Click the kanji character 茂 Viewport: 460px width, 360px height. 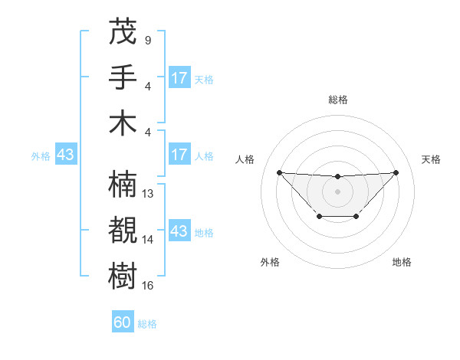[x=123, y=31]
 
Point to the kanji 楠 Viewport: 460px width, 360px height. [x=123, y=185]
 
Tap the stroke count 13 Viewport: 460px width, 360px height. [x=149, y=194]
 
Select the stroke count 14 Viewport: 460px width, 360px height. [x=149, y=240]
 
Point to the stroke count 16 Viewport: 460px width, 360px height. [x=149, y=286]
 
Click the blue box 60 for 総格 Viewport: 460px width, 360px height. [x=123, y=322]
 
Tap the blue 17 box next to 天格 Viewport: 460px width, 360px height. [x=179, y=78]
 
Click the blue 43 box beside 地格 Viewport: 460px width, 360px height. [x=179, y=231]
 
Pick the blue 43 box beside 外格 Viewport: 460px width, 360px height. [x=65, y=155]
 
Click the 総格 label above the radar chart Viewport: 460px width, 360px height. [x=337, y=100]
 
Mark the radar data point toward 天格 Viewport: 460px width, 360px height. [x=396, y=172]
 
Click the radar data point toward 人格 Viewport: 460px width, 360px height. [x=279, y=172]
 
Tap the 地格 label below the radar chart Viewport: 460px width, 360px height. [x=402, y=263]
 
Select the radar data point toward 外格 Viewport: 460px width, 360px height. [x=319, y=217]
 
